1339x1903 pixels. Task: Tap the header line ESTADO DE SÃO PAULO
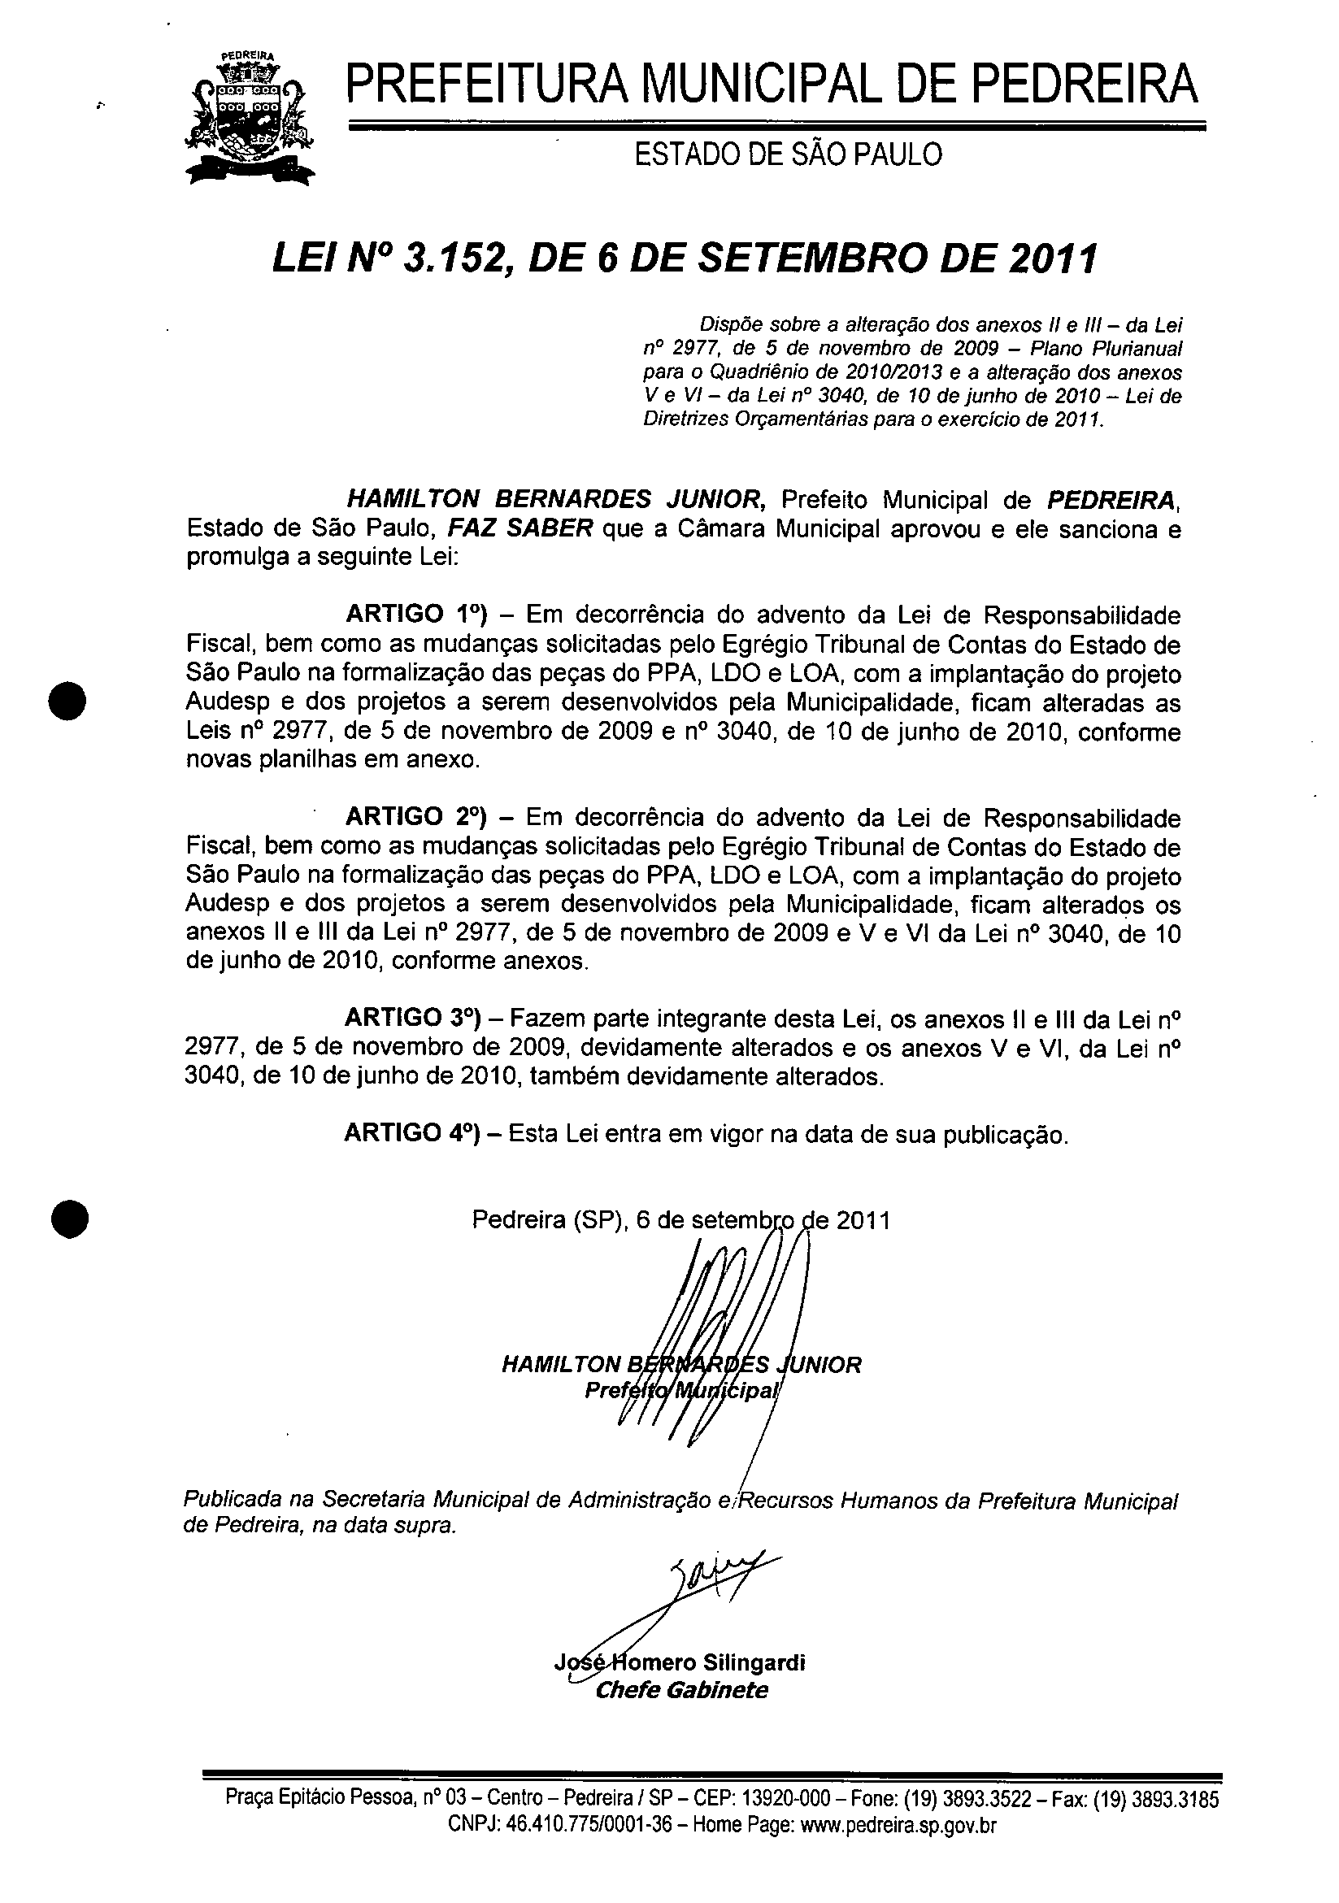[x=788, y=154]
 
